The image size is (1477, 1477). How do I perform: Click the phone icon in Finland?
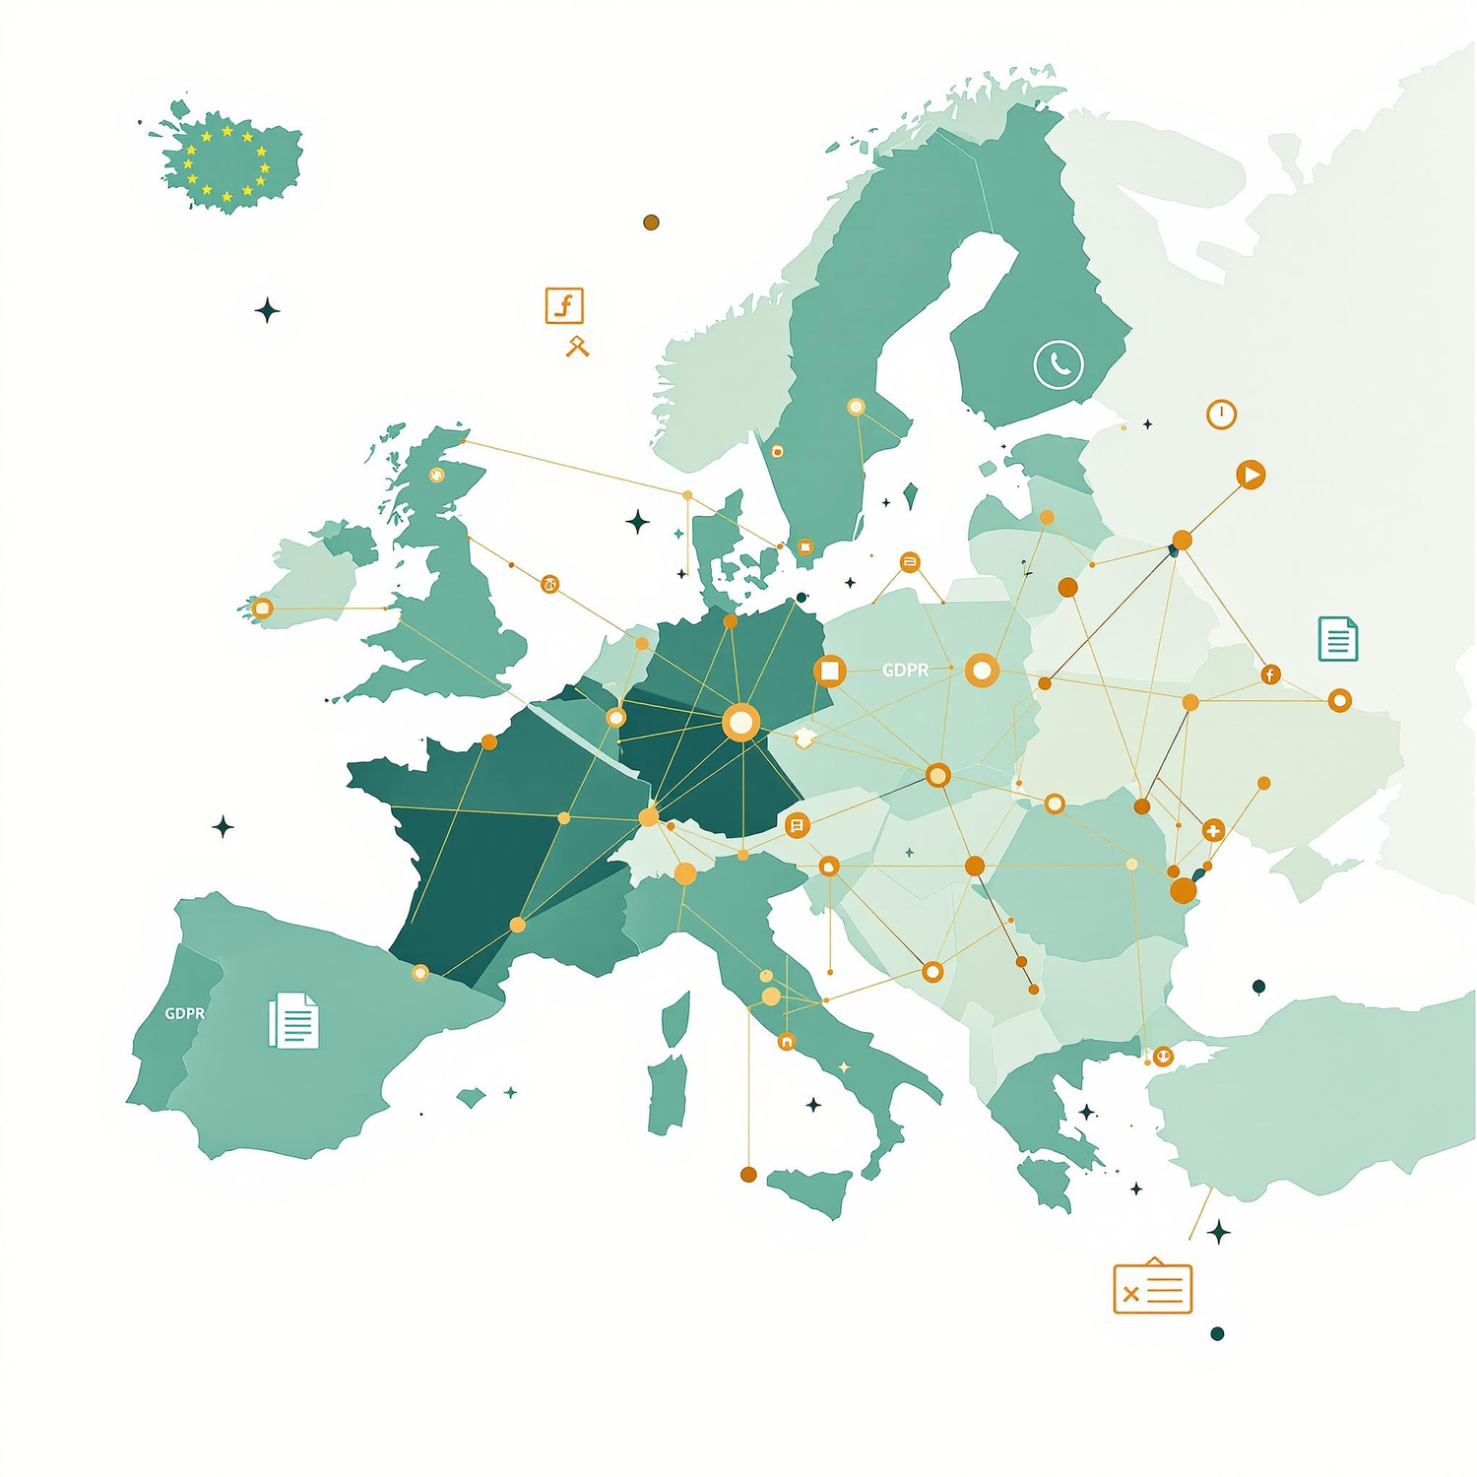pos(1059,364)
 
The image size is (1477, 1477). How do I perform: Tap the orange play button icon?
pos(1251,475)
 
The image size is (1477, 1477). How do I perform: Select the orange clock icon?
pos(1221,415)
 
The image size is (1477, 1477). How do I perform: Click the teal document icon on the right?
pos(1337,638)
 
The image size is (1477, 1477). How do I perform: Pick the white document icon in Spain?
pos(293,1020)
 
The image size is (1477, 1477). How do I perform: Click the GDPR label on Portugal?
pos(185,1013)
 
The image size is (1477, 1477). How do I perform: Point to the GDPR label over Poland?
pos(905,671)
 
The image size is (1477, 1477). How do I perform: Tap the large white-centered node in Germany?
pos(740,723)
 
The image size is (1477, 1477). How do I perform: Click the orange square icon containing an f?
pos(565,306)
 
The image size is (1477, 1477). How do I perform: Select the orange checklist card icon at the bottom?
pos(1152,1288)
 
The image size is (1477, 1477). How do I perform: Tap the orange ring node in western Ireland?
pos(262,609)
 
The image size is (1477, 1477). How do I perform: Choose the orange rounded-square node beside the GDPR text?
pos(830,671)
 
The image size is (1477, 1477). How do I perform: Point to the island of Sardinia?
pos(668,1093)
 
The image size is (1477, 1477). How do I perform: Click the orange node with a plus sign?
pos(1213,830)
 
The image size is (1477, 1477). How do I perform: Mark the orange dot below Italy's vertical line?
pos(748,1174)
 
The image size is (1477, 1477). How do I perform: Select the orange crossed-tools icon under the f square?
pos(577,346)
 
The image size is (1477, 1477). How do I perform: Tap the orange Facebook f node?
pos(1270,674)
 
